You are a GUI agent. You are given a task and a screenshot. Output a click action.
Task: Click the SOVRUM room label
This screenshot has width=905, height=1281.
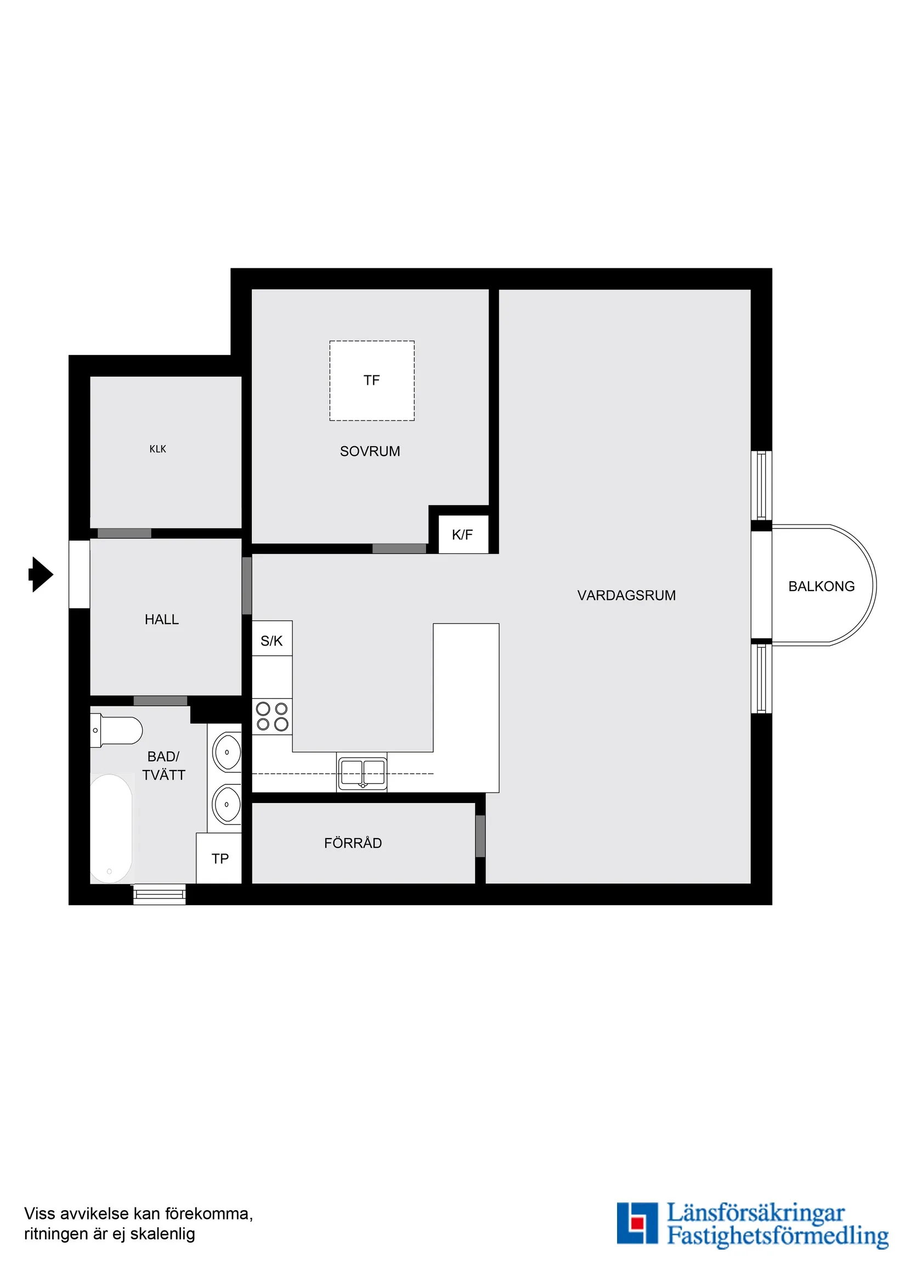click(370, 451)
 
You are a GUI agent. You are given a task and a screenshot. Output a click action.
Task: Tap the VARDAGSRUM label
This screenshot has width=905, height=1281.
click(626, 595)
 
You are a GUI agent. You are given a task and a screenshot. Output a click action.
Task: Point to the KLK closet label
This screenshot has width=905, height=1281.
click(158, 449)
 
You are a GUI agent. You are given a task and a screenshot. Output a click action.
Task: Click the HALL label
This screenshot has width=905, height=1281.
click(162, 619)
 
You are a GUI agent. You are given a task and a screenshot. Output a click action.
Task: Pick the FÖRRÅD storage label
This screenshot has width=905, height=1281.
click(353, 843)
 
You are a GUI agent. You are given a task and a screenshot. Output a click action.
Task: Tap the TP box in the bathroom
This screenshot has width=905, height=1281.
click(219, 858)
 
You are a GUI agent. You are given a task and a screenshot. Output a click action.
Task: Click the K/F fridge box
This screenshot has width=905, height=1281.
click(463, 535)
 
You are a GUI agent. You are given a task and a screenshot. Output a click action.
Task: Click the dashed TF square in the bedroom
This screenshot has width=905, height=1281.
click(372, 380)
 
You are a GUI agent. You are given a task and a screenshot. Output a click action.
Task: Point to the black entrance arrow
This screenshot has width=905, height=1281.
click(41, 574)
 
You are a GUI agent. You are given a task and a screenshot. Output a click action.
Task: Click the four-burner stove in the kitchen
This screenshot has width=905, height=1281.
click(272, 716)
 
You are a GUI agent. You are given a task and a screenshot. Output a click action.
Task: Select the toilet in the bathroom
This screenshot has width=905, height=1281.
click(117, 731)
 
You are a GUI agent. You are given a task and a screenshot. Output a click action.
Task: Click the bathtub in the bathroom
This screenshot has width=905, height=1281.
click(111, 829)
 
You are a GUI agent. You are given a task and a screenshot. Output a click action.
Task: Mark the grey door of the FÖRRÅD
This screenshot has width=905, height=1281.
click(480, 836)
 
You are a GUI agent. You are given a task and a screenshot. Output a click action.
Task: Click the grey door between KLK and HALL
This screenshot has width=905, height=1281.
click(125, 533)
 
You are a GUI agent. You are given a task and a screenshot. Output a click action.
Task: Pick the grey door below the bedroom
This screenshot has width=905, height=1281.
click(399, 549)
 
